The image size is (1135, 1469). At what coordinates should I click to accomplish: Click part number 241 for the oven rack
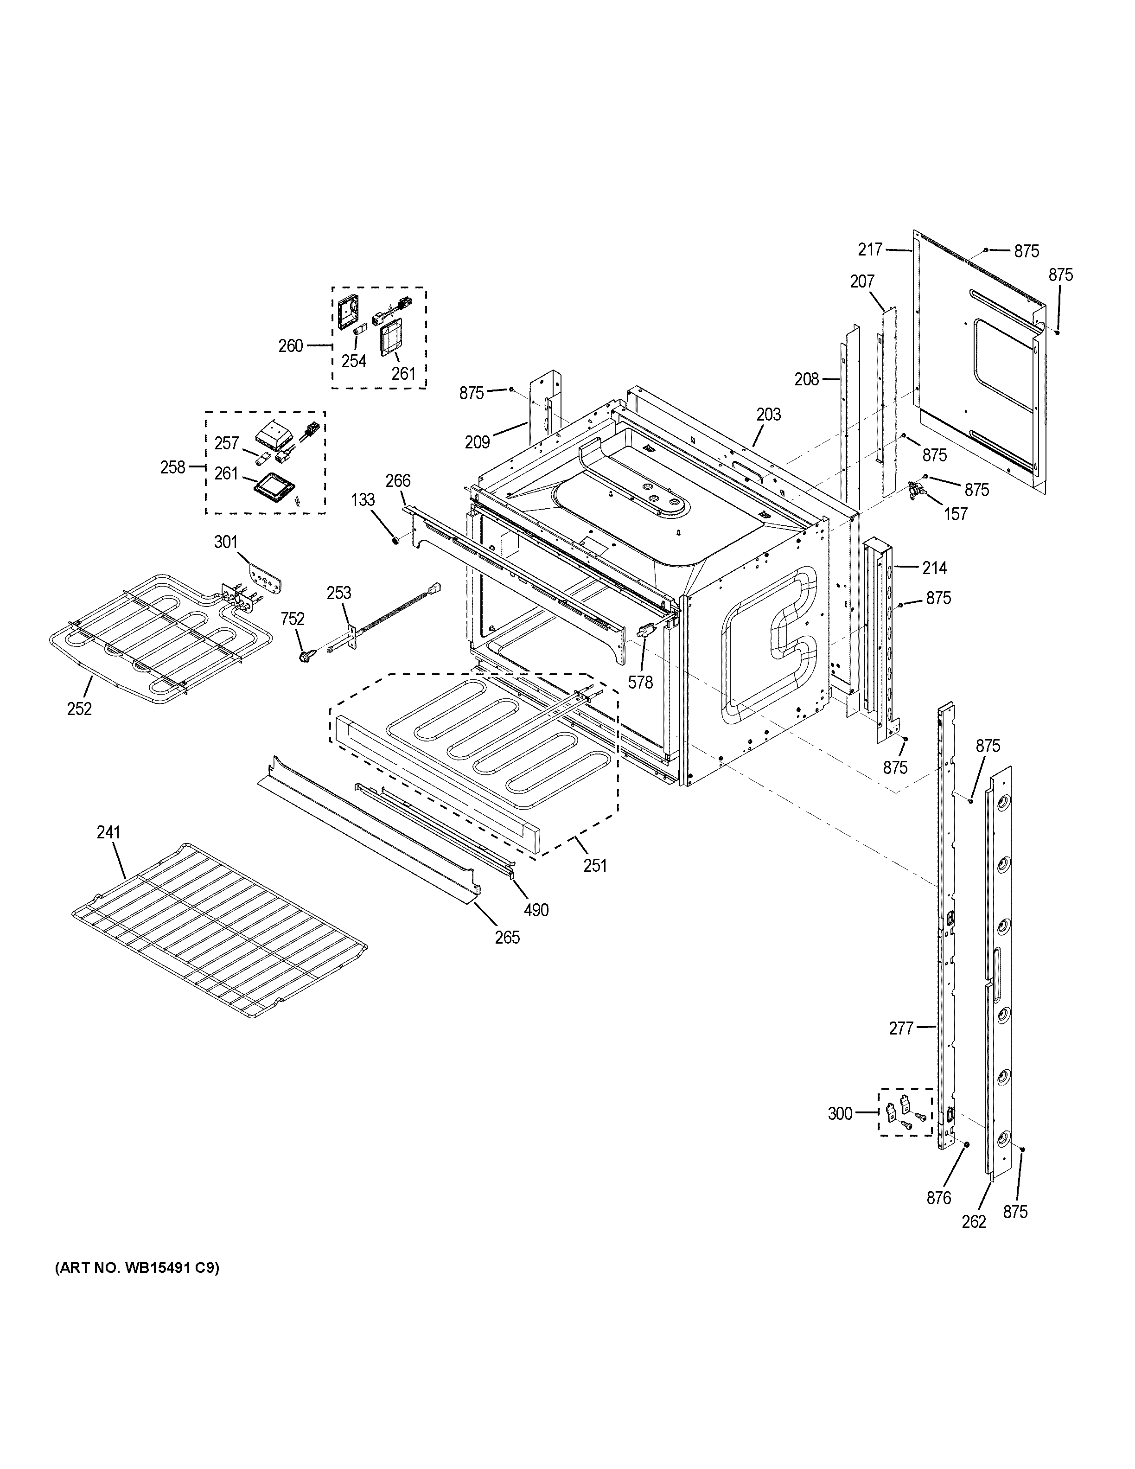tap(108, 833)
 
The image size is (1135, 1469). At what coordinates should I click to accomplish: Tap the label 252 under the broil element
tap(79, 708)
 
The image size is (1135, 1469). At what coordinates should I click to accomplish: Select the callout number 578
tap(640, 683)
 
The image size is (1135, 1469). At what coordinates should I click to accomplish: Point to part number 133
tap(363, 500)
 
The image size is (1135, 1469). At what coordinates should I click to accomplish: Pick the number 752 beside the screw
tap(293, 619)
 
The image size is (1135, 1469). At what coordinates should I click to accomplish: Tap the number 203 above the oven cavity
tap(769, 415)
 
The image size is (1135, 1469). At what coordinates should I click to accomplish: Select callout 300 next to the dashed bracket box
tap(840, 1114)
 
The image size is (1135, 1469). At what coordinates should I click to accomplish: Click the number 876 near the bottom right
tap(939, 1198)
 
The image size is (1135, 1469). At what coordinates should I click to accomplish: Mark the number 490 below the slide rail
tap(536, 910)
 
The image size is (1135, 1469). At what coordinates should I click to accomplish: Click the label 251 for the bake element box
tap(595, 866)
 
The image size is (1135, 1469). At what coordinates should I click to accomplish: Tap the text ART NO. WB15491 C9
tap(136, 1269)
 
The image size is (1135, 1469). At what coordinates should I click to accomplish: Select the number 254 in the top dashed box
tap(354, 361)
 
